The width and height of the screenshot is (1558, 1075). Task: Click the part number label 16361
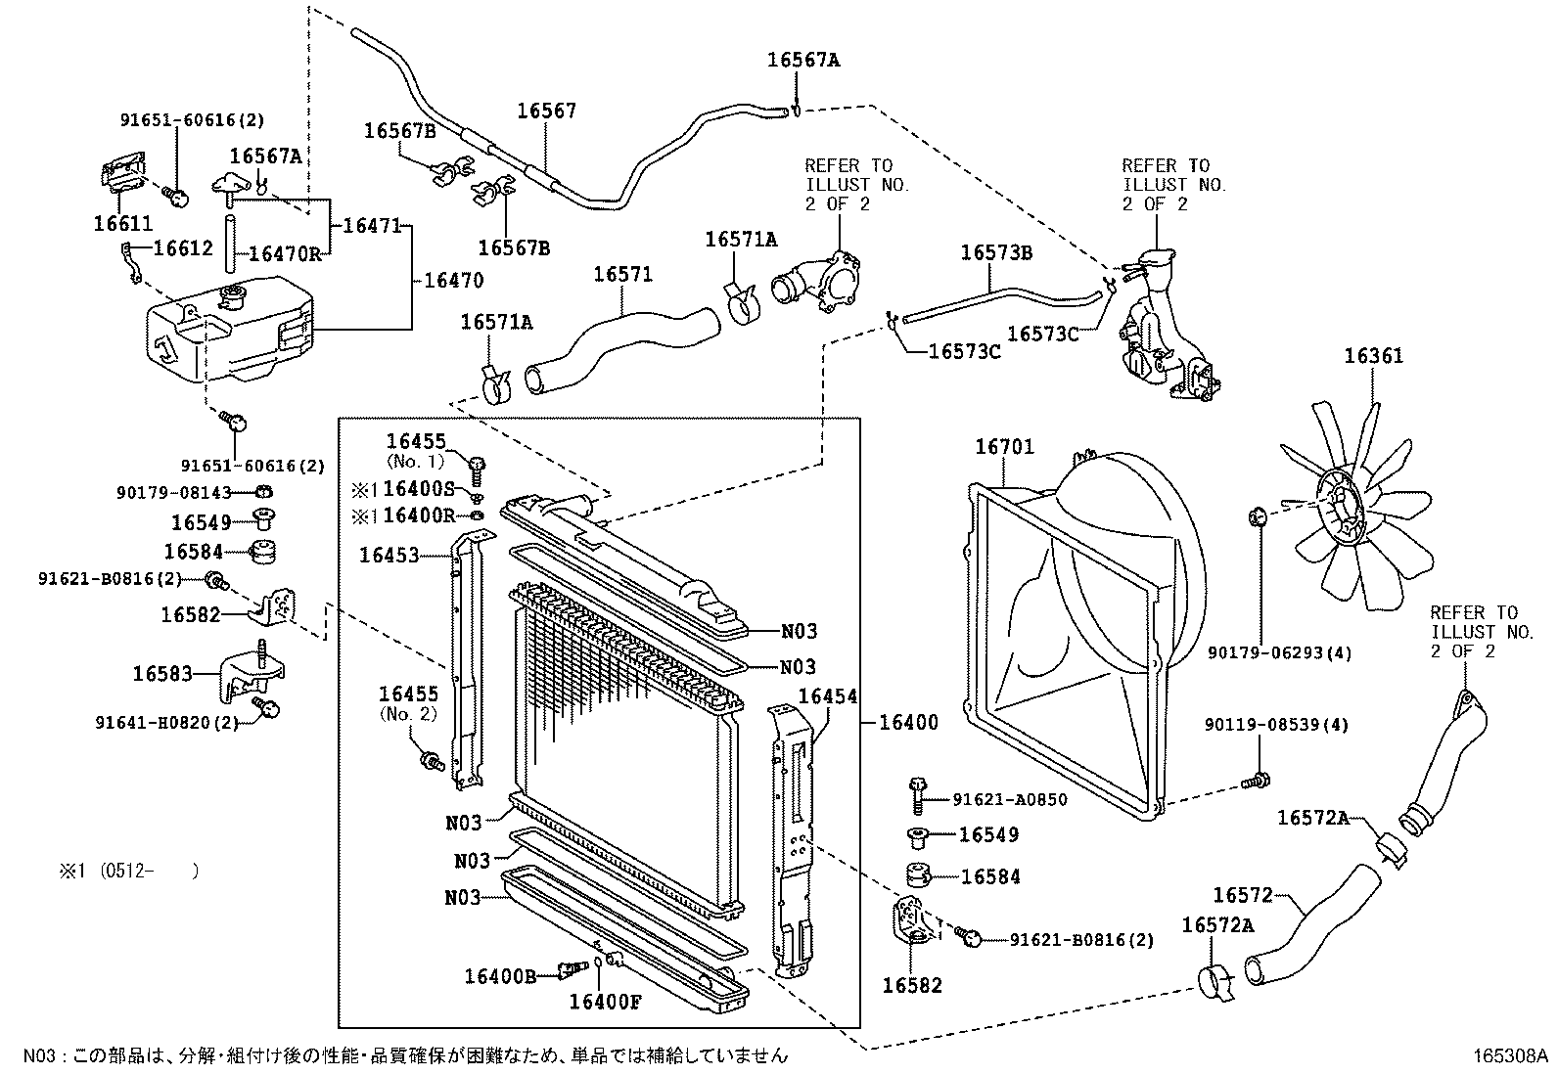1373,356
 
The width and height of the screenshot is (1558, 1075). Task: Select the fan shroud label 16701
1003,448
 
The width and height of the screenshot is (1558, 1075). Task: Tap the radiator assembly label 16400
908,723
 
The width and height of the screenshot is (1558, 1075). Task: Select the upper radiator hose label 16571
622,275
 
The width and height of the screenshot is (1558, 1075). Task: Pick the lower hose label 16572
1242,895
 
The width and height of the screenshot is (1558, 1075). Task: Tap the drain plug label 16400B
499,975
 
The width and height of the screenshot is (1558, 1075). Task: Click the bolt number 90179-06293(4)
1278,652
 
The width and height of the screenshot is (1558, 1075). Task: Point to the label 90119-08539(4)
1276,725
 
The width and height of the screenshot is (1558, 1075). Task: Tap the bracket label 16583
162,674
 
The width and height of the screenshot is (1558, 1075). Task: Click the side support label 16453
389,556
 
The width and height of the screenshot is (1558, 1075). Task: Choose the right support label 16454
828,696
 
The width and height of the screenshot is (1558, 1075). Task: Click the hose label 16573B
996,252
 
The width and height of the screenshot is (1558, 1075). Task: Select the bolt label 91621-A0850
1009,800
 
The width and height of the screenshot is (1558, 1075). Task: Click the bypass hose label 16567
546,112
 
